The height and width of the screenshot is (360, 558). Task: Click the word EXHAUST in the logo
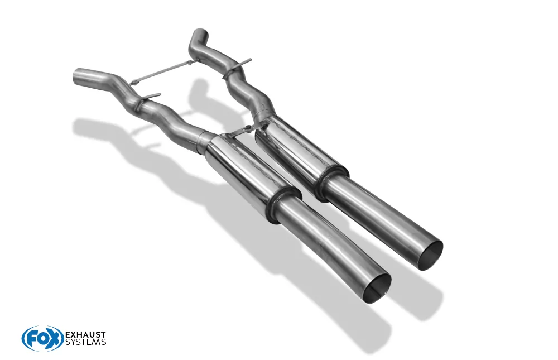(86, 335)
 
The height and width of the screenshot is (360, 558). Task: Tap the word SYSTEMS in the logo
(86, 342)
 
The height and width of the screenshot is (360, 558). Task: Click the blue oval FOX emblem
(42, 338)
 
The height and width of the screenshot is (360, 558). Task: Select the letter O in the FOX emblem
(42, 339)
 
